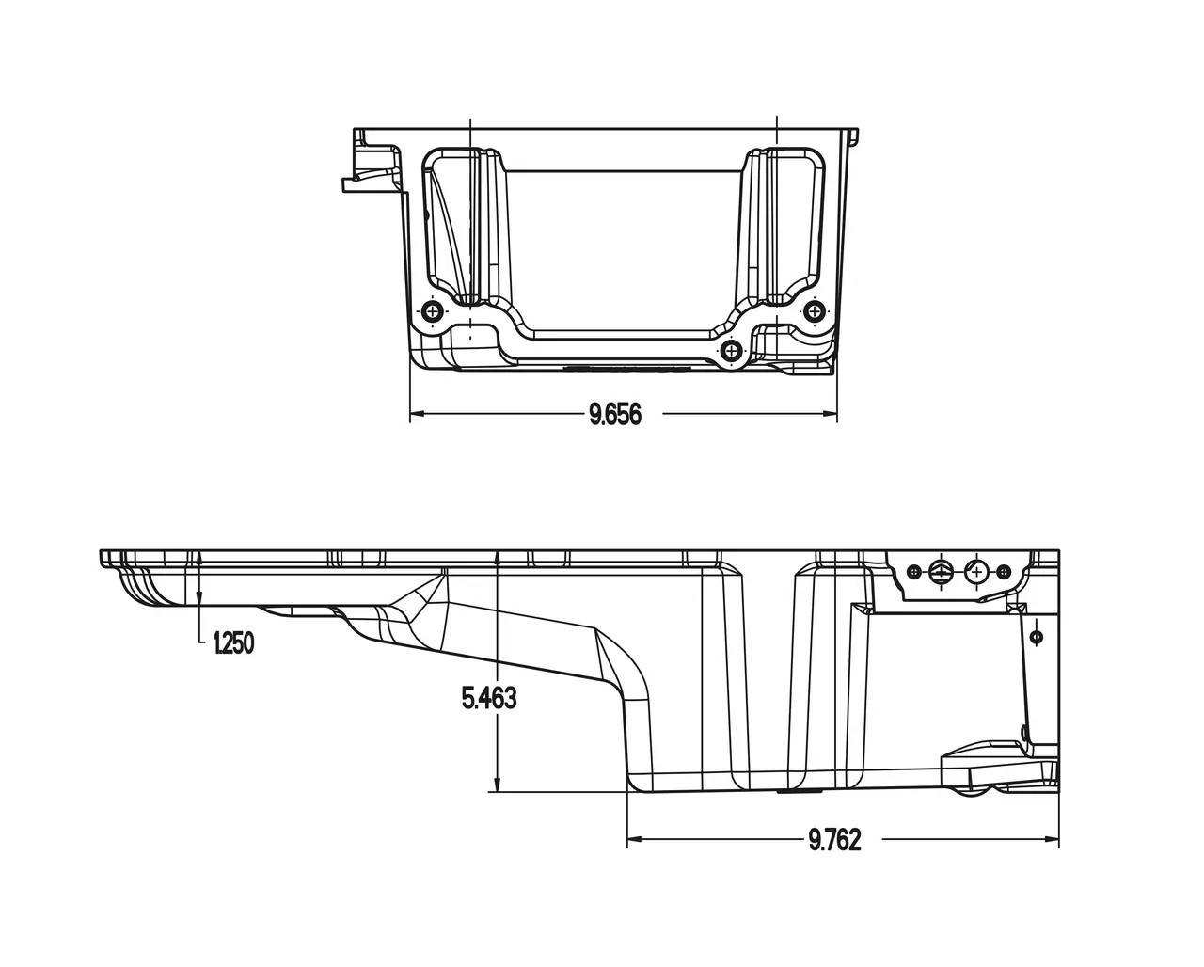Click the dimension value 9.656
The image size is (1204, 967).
pyautogui.click(x=615, y=414)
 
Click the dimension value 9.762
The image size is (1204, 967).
pyautogui.click(x=834, y=840)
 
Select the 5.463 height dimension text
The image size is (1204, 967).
pyautogui.click(x=489, y=699)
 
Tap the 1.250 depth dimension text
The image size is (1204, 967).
pyautogui.click(x=234, y=643)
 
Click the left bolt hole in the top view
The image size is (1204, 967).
pyautogui.click(x=433, y=311)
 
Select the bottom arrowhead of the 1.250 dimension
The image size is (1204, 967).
pyautogui.click(x=200, y=599)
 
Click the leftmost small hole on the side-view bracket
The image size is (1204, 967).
pyautogui.click(x=912, y=571)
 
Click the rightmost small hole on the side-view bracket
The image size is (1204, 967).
pyautogui.click(x=1004, y=572)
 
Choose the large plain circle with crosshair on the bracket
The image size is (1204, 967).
pyautogui.click(x=976, y=572)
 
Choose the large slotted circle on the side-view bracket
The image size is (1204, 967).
pyautogui.click(x=942, y=571)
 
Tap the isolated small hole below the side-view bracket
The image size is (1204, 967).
pyautogui.click(x=1037, y=637)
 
